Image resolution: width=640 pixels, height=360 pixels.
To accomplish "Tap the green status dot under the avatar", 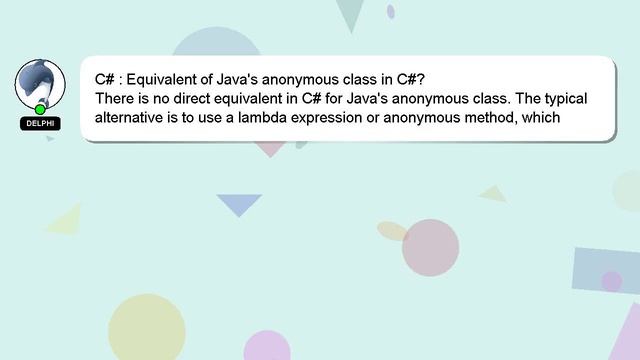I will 40,109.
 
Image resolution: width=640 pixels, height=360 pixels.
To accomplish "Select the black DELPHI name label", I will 40,124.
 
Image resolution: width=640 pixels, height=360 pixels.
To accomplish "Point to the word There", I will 115,100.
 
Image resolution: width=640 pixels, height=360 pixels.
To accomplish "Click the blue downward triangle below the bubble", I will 239,204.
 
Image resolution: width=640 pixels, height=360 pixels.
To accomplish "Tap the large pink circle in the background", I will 431,247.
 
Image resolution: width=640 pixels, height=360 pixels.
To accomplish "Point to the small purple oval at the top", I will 390,12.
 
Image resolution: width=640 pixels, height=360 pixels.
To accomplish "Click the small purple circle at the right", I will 611,282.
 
